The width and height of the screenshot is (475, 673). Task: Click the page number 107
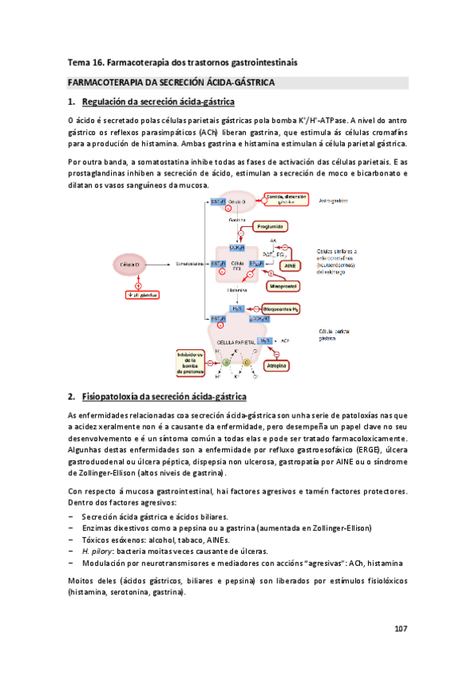click(x=400, y=629)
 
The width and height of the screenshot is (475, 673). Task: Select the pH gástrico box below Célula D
click(x=138, y=294)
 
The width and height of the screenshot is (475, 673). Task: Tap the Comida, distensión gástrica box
click(x=283, y=201)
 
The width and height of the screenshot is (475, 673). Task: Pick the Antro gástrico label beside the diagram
click(x=336, y=201)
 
